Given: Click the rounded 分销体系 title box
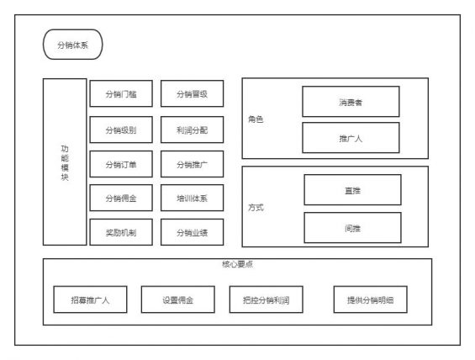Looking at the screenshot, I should pyautogui.click(x=71, y=45).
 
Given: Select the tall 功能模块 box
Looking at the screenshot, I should pyautogui.click(x=65, y=161).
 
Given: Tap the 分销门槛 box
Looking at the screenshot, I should pyautogui.click(x=121, y=94).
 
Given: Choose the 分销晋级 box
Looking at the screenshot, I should pyautogui.click(x=192, y=94).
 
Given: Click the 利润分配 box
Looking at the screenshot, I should pyautogui.click(x=192, y=130).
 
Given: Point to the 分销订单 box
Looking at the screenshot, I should pyautogui.click(x=121, y=164).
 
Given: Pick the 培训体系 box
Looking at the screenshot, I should pyautogui.click(x=192, y=198).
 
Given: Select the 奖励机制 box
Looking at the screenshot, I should pyautogui.click(x=121, y=231).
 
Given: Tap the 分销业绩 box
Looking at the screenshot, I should pyautogui.click(x=192, y=231).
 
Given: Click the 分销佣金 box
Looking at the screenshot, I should pyautogui.click(x=121, y=198).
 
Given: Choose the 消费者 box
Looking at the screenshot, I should pyautogui.click(x=351, y=102).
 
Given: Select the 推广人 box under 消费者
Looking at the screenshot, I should pyautogui.click(x=351, y=138).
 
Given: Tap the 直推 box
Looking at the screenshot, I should pyautogui.click(x=352, y=190).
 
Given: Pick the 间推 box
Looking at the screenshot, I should pyautogui.click(x=352, y=227).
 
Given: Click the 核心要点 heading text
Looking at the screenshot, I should pyautogui.click(x=237, y=264).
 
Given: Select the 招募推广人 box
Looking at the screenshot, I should pyautogui.click(x=89, y=299).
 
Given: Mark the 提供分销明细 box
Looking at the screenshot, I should pyautogui.click(x=370, y=299).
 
